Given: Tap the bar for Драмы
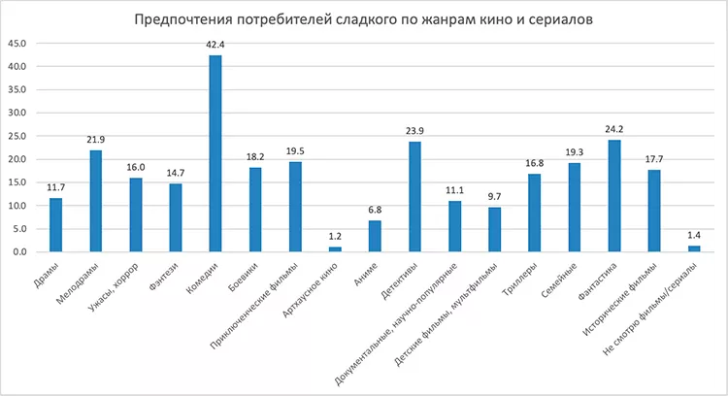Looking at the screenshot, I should (56, 225).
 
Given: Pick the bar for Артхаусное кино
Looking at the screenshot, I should (335, 249).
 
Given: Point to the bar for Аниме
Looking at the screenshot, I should (375, 236).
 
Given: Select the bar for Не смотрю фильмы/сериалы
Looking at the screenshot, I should (693, 248).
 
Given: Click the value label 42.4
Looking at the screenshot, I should (215, 45).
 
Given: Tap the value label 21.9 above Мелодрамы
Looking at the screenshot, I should (96, 140).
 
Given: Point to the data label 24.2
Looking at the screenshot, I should (613, 129).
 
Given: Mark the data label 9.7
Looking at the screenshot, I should (494, 196).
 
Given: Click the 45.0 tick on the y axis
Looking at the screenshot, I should (17, 44).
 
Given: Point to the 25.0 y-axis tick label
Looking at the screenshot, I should (17, 136).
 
